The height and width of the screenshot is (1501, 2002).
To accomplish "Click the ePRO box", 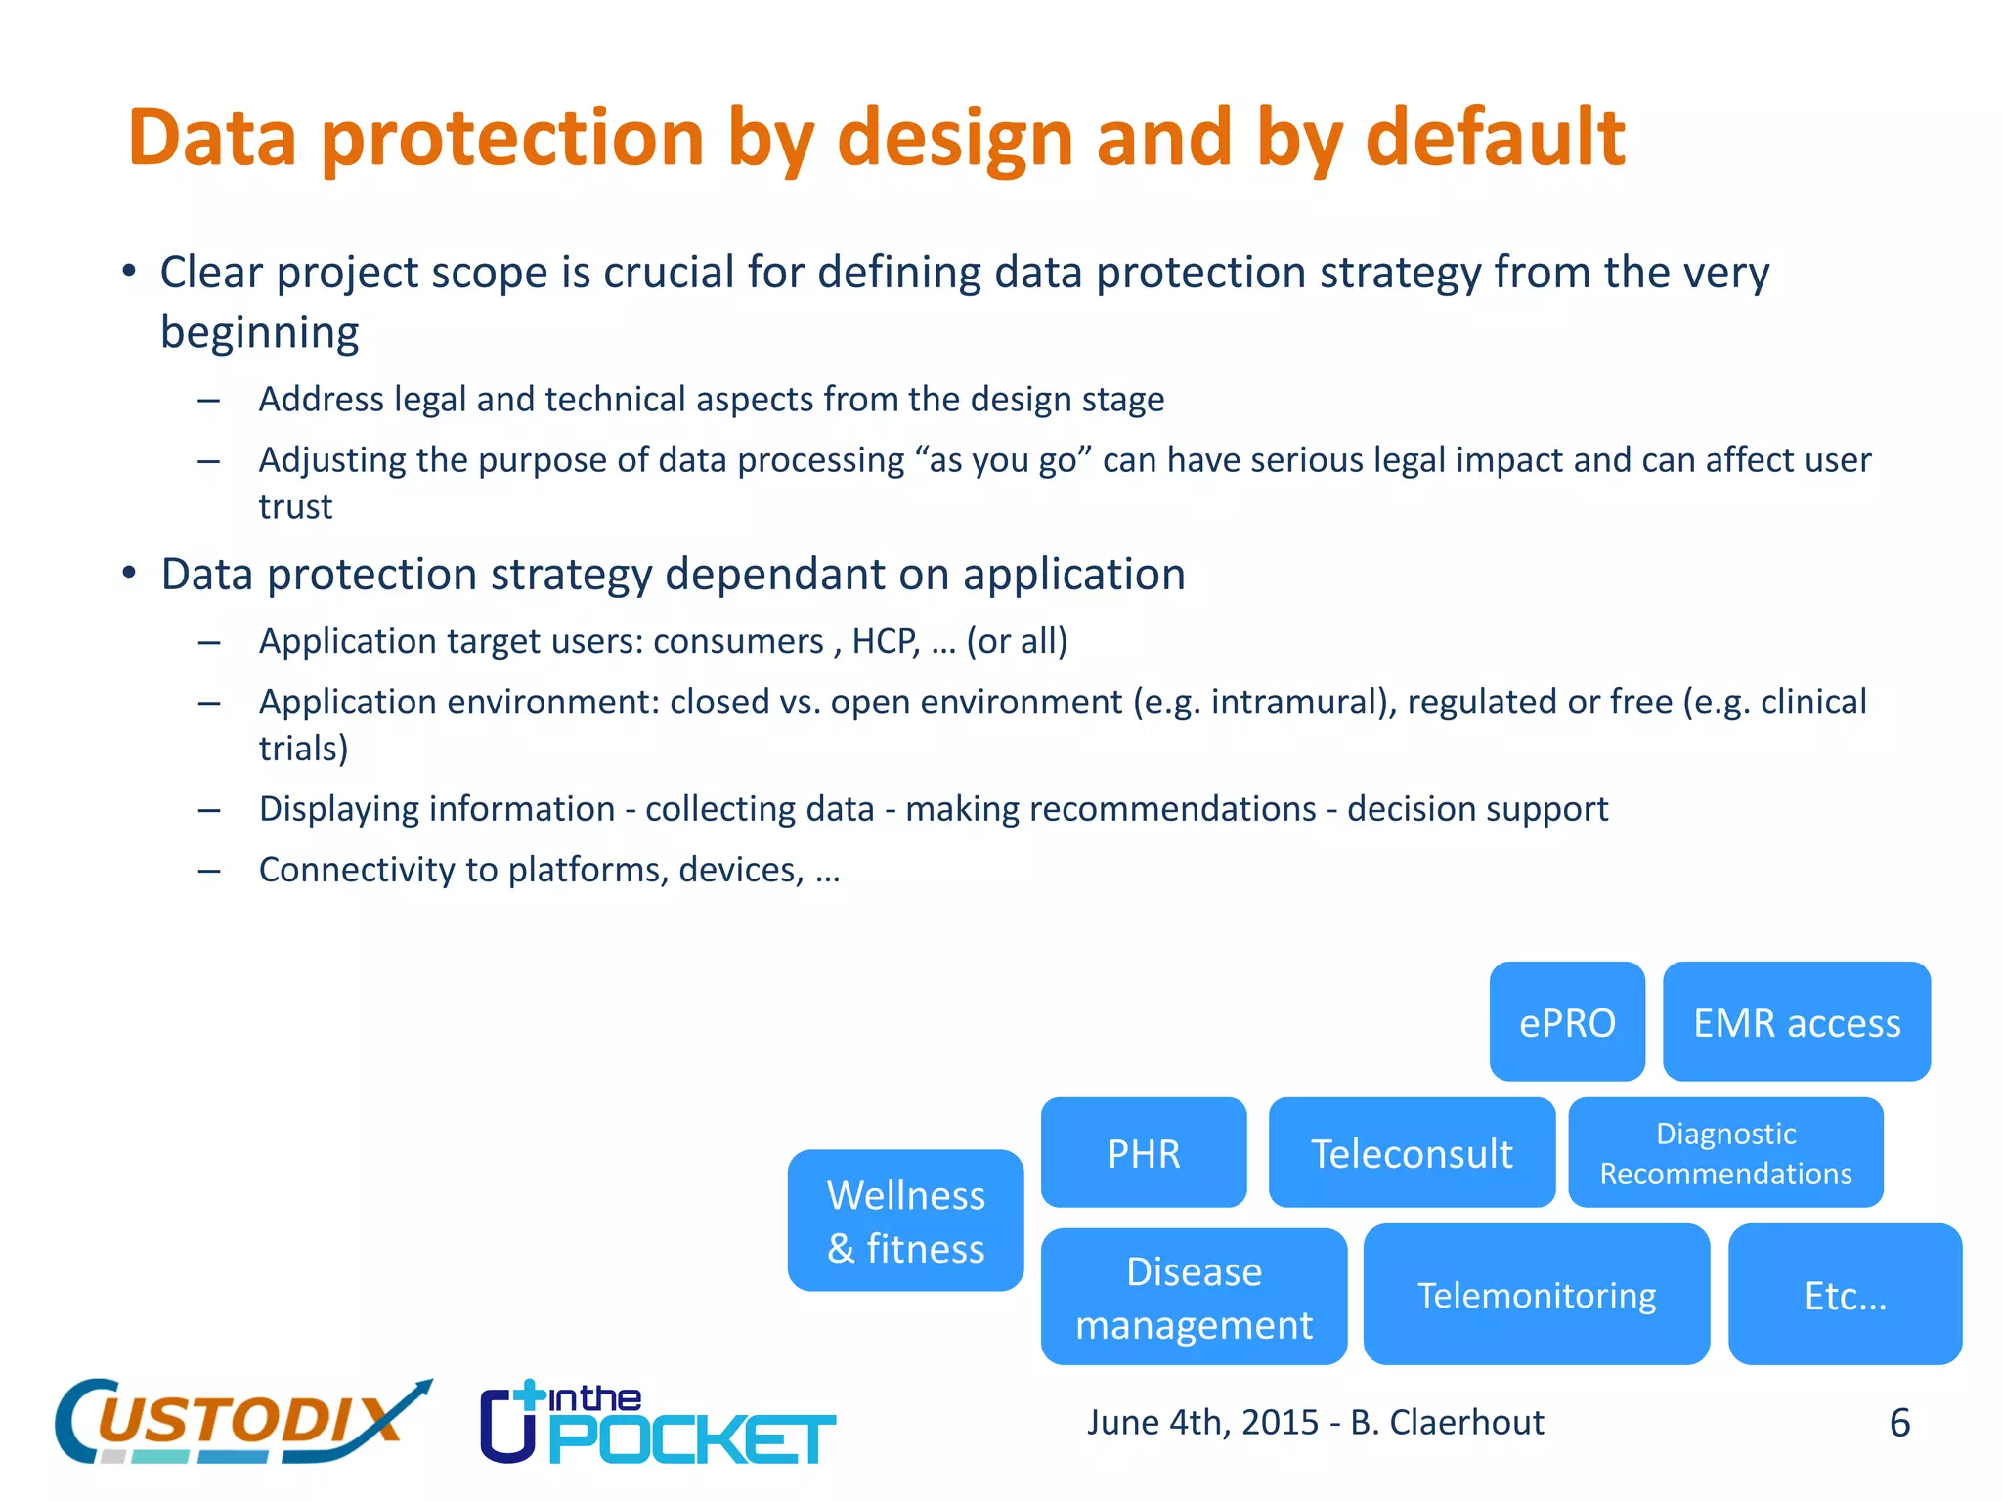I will (1566, 1022).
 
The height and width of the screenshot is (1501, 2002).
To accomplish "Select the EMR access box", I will (1796, 1022).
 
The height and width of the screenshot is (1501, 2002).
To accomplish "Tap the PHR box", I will (1143, 1153).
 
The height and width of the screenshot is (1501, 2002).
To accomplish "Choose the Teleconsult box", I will (1411, 1153).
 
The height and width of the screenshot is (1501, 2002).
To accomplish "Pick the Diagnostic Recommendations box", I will (1724, 1153).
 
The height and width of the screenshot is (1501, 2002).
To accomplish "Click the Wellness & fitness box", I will (905, 1221).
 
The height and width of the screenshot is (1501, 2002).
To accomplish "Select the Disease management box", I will (1193, 1297).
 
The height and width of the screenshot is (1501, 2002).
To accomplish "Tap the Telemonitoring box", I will (1536, 1295).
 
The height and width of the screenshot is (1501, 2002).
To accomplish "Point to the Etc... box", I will (1844, 1295).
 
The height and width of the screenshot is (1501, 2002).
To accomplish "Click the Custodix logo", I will (239, 1422).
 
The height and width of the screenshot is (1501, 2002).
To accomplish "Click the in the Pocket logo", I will (657, 1424).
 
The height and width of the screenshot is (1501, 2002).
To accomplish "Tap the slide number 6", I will (1899, 1423).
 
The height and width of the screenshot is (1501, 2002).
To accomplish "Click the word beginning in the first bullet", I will (259, 333).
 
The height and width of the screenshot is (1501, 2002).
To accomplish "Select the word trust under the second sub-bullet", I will (295, 507).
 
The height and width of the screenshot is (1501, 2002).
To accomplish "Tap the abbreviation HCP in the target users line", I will (885, 641).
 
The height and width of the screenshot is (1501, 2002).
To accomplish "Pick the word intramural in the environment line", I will (1292, 702).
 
